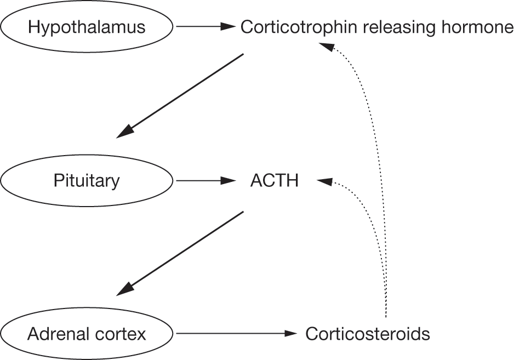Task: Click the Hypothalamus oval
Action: coord(87,26)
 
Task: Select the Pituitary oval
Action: coord(87,180)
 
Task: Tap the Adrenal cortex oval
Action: coord(87,333)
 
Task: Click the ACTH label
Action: coord(274,180)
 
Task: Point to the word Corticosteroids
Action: coord(368,333)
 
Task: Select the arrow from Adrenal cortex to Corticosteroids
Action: coord(236,333)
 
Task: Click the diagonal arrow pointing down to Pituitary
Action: coord(181,94)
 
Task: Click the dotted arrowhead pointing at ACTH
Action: coord(325,181)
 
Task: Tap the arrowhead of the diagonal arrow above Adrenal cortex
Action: coord(125,287)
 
